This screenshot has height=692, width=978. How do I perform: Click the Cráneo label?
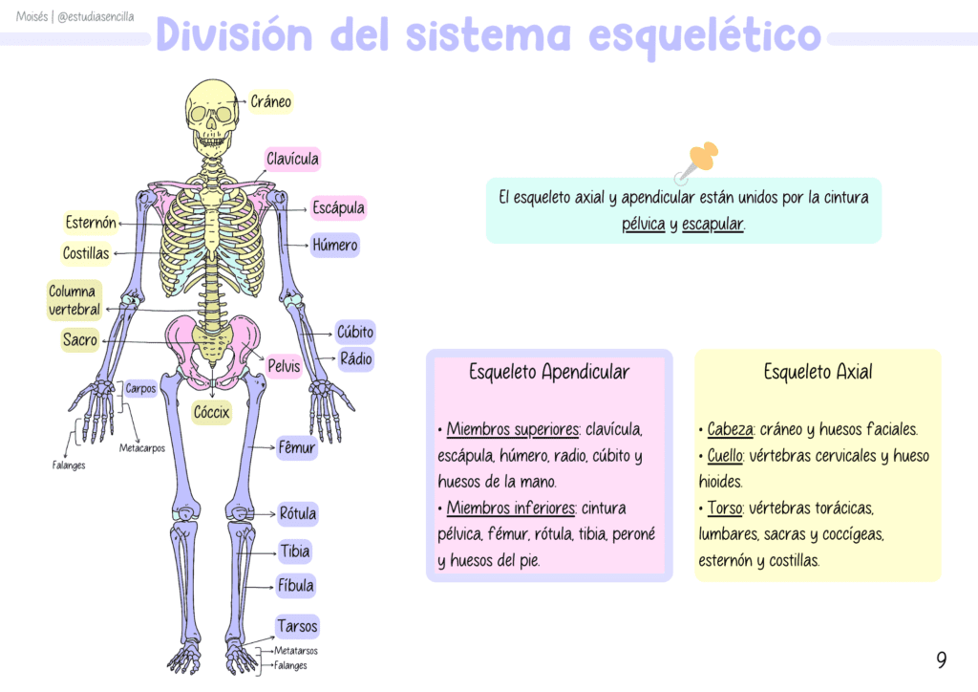270,101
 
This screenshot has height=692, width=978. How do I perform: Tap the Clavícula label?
292,159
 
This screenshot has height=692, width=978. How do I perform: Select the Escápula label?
339,207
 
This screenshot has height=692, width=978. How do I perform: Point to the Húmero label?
335,246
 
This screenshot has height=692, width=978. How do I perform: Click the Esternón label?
91,223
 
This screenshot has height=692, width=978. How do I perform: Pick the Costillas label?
86,253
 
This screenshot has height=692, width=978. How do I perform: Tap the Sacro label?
80,340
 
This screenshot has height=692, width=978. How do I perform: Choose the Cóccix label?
211,413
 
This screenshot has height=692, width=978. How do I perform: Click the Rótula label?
298,513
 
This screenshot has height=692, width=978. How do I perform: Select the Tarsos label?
298,626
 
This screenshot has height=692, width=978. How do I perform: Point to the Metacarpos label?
142,448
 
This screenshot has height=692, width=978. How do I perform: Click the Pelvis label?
284,366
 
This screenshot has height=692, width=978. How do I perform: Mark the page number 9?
941,660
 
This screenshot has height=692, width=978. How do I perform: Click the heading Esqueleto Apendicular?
549,372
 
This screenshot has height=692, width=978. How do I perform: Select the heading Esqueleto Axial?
818,372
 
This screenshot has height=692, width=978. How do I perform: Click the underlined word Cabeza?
730,429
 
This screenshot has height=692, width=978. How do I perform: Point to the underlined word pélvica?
643,224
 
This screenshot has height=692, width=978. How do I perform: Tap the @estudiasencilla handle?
96,17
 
